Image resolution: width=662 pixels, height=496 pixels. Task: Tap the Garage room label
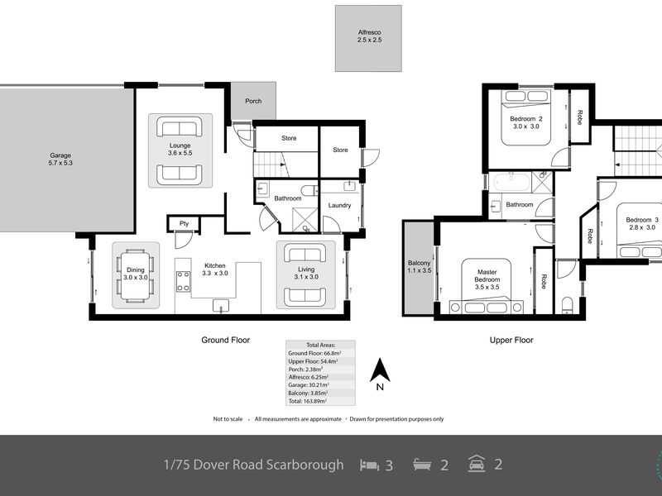(x=61, y=159)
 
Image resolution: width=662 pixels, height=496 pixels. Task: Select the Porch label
(x=252, y=102)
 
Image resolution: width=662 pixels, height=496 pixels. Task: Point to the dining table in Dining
(x=136, y=274)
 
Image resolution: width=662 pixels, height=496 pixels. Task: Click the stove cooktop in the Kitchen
(x=184, y=281)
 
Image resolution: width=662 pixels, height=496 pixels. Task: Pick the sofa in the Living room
(x=305, y=253)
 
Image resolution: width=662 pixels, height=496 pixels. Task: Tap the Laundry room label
(x=339, y=205)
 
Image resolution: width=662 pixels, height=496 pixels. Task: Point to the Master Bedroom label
(x=487, y=275)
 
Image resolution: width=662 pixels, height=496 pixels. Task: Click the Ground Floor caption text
(x=225, y=340)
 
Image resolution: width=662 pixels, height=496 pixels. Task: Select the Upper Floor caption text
(x=512, y=340)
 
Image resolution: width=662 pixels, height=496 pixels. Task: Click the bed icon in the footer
(x=368, y=465)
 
